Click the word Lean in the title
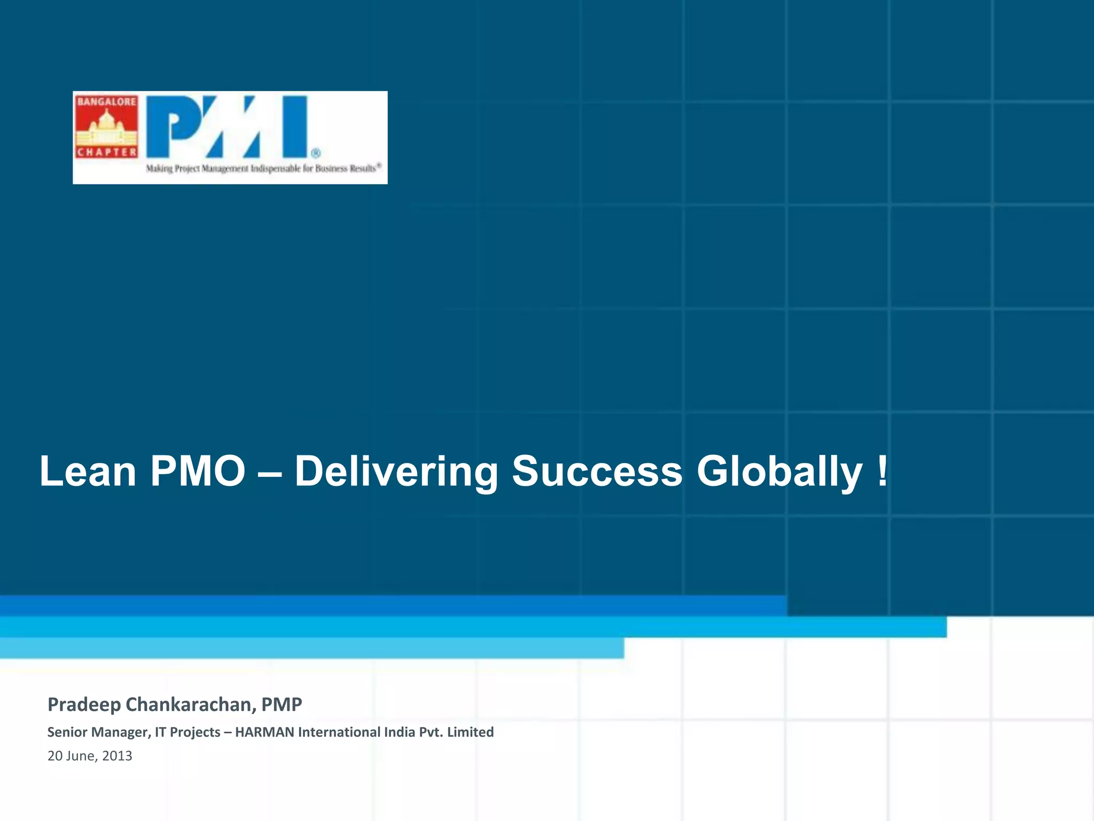[88, 471]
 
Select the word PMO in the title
[198, 471]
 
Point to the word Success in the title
[597, 471]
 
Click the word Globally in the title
[779, 473]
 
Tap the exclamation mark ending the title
[882, 470]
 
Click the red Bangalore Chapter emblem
[106, 127]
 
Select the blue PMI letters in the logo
[228, 127]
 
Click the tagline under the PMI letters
[263, 168]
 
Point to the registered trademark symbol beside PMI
[316, 153]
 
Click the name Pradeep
[84, 705]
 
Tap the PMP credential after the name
[282, 704]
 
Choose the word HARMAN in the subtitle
[264, 732]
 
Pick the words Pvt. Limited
[456, 732]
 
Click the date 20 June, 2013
[90, 756]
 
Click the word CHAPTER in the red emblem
[106, 152]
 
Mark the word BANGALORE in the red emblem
[106, 102]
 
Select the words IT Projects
[187, 732]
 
